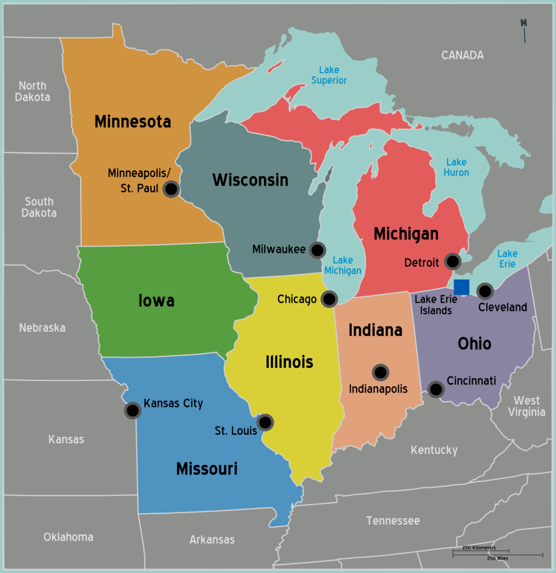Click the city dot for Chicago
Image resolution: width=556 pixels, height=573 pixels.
tap(329, 299)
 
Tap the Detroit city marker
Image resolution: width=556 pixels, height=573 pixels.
tap(452, 261)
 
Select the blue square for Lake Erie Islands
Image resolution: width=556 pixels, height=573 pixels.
tap(461, 287)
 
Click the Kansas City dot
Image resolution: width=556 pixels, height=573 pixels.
tap(133, 411)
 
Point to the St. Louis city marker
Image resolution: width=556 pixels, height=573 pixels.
tap(265, 422)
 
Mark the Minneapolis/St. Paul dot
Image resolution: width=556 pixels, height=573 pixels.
tap(171, 189)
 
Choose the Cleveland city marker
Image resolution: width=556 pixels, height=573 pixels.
tap(485, 290)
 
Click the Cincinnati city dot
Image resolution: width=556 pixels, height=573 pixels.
tap(436, 388)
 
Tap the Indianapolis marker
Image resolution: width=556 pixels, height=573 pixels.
tap(380, 372)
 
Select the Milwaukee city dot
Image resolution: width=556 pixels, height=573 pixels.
tap(318, 250)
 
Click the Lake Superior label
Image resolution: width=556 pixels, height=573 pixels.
tap(333, 76)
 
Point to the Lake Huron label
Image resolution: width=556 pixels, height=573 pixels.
tap(456, 167)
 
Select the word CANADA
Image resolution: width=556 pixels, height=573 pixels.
tap(462, 55)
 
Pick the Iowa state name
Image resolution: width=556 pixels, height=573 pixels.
tap(157, 300)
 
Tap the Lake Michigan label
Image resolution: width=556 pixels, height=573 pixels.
tap(343, 265)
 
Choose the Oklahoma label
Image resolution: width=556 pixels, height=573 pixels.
tap(68, 537)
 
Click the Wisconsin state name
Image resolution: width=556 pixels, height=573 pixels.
tap(250, 180)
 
